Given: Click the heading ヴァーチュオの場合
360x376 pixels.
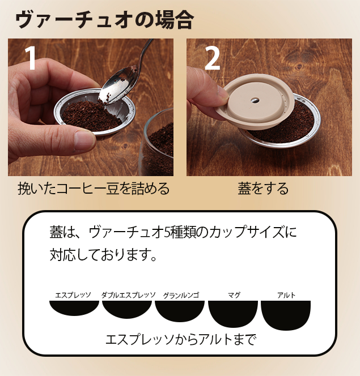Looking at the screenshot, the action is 104,20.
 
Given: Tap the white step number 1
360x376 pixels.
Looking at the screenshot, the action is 31,58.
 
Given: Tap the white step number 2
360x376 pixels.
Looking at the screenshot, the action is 212,58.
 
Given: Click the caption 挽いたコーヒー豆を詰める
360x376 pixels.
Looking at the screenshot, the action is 94,188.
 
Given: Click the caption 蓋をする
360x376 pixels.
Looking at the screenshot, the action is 263,188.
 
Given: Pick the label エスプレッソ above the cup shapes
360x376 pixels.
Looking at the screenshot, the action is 73,295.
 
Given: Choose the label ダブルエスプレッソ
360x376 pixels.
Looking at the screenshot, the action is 128,295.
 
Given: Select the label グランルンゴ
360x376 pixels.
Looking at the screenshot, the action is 181,295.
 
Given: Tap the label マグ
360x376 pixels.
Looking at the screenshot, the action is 234,295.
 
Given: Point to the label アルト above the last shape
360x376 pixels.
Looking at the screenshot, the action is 286,295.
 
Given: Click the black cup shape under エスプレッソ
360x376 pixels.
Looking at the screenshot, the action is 74,307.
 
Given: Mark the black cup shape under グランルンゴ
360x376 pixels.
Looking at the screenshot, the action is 180,310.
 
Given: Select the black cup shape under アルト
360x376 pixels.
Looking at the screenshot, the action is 286,314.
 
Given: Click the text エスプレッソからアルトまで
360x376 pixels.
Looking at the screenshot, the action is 181,340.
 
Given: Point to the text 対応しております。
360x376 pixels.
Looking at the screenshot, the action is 103,254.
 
